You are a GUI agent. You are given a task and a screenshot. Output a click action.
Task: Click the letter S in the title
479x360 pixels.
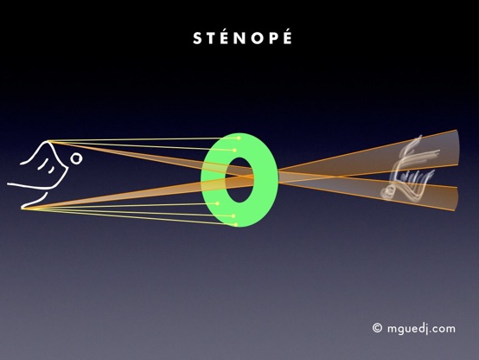coord(197,38)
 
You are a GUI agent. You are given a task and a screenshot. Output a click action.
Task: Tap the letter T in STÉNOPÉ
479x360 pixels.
coord(211,38)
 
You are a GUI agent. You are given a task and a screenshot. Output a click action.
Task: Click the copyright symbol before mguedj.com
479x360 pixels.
coord(377,328)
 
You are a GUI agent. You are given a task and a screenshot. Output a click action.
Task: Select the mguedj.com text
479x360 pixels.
coord(421,329)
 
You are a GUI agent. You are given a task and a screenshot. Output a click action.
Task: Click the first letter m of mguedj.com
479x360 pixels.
coord(393,330)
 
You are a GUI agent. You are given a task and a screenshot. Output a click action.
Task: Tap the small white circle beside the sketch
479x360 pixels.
coord(76,158)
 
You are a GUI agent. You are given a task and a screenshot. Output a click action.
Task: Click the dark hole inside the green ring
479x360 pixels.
coord(239,180)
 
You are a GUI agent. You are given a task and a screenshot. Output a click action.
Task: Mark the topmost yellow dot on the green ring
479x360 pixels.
coord(239,138)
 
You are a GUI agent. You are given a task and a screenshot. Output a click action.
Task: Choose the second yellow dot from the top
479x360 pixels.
coord(234,151)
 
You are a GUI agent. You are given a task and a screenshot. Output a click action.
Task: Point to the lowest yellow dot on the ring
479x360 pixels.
coord(236,225)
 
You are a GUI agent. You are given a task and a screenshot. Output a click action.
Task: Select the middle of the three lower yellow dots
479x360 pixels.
coord(233,216)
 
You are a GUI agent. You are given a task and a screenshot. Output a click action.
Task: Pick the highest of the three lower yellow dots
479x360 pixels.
coord(218,203)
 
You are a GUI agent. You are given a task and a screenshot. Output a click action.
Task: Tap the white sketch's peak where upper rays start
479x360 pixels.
coord(48,141)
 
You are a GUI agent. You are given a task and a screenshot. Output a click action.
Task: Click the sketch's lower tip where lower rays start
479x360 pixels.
coord(22,208)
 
